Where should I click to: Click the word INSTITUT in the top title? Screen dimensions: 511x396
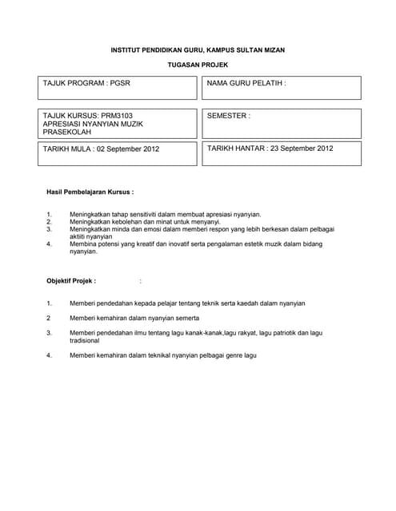click(x=128, y=50)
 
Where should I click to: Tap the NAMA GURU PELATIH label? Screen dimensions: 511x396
click(x=246, y=83)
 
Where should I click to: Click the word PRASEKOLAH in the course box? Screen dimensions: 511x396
click(x=67, y=132)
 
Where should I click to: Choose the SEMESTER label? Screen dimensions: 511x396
click(x=229, y=116)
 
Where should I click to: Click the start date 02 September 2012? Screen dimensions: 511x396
click(x=129, y=149)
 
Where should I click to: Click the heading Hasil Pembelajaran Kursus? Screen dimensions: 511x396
click(x=90, y=192)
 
